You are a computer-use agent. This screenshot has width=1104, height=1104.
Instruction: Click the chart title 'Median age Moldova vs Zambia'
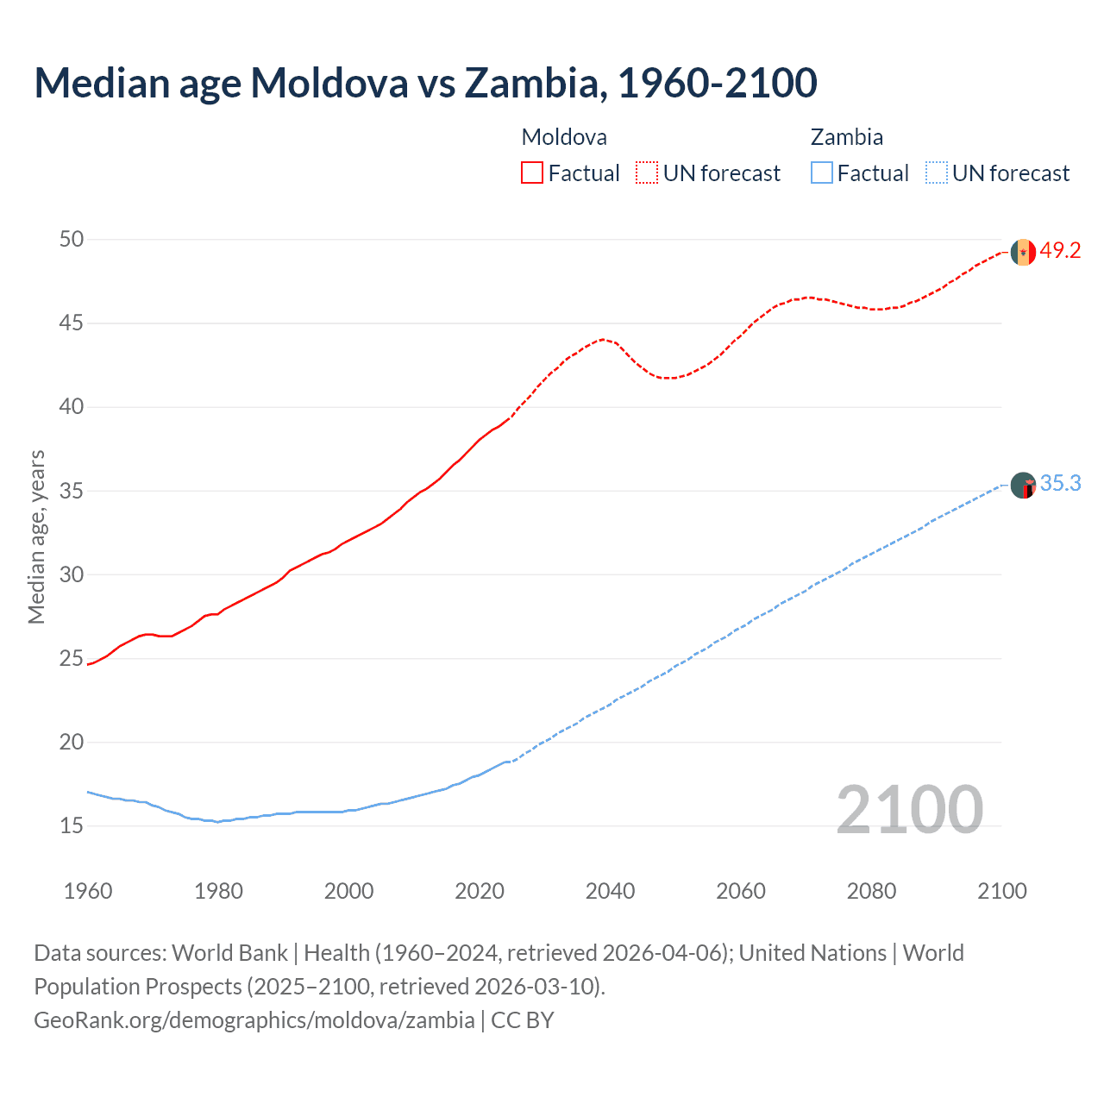[425, 83]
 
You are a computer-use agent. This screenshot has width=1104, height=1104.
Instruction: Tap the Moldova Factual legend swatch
[532, 173]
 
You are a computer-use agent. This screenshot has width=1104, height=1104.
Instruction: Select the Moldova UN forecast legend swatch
[647, 173]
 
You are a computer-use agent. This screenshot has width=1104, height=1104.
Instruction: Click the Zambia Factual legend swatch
[821, 173]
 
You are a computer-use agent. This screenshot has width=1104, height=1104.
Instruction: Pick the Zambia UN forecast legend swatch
[936, 173]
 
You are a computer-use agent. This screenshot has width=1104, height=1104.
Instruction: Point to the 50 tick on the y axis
[72, 239]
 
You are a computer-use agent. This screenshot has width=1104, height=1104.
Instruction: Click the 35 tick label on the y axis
[72, 491]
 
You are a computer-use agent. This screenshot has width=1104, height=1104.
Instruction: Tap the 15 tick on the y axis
[72, 825]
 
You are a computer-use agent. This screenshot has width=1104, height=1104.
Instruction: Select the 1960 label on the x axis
[88, 891]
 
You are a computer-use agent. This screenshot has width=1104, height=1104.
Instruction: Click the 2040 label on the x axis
[610, 891]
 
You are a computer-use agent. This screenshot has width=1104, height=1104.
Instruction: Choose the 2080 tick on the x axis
[871, 891]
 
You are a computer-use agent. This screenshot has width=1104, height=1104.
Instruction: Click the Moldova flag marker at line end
[1023, 252]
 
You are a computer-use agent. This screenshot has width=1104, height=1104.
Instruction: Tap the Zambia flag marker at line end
[1023, 486]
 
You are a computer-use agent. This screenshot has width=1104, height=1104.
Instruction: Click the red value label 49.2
[1060, 251]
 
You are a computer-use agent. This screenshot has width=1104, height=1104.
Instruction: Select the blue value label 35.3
[1060, 484]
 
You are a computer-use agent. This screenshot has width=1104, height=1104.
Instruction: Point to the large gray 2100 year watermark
[909, 809]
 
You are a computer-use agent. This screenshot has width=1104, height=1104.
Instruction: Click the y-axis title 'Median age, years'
[36, 536]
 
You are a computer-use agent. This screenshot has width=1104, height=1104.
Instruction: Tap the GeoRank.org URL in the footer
[254, 1020]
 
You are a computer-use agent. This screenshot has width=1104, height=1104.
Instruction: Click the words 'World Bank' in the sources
[229, 953]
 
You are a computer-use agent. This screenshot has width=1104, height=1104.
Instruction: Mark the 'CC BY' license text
[523, 1020]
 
